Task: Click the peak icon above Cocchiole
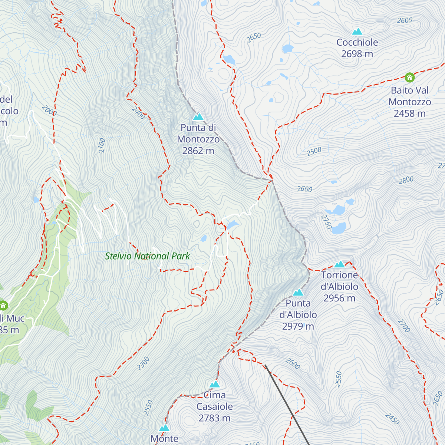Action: click(357, 32)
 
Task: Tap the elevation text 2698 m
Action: click(357, 54)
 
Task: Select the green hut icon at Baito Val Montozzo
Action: click(409, 77)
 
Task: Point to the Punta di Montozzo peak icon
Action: click(198, 117)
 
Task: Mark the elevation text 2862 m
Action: click(198, 151)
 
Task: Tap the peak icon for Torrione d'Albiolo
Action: click(339, 264)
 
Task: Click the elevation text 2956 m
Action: click(339, 298)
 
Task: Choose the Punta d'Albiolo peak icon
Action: click(298, 293)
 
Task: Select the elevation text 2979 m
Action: click(298, 326)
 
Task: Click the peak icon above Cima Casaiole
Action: click(215, 384)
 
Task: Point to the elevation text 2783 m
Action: click(214, 418)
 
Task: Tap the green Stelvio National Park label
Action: click(147, 256)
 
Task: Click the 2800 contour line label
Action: click(406, 180)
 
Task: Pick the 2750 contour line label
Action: click(326, 222)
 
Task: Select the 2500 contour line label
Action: click(314, 152)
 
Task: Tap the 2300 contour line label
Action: click(143, 363)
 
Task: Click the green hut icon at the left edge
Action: click(3, 306)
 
